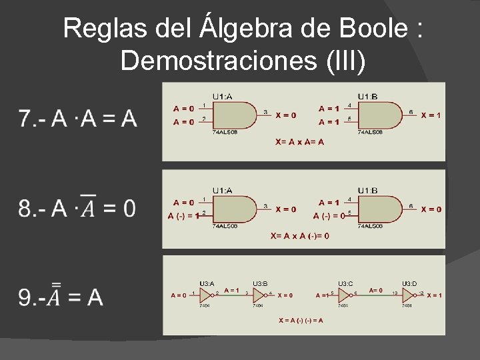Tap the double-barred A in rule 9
coord(57,295)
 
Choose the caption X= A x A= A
coord(300,141)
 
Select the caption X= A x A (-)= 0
coord(299,235)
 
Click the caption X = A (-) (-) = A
coord(301,320)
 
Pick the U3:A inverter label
coord(207,283)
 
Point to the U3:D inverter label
coord(410,283)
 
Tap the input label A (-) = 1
coord(183,215)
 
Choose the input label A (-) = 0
coord(329,215)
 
